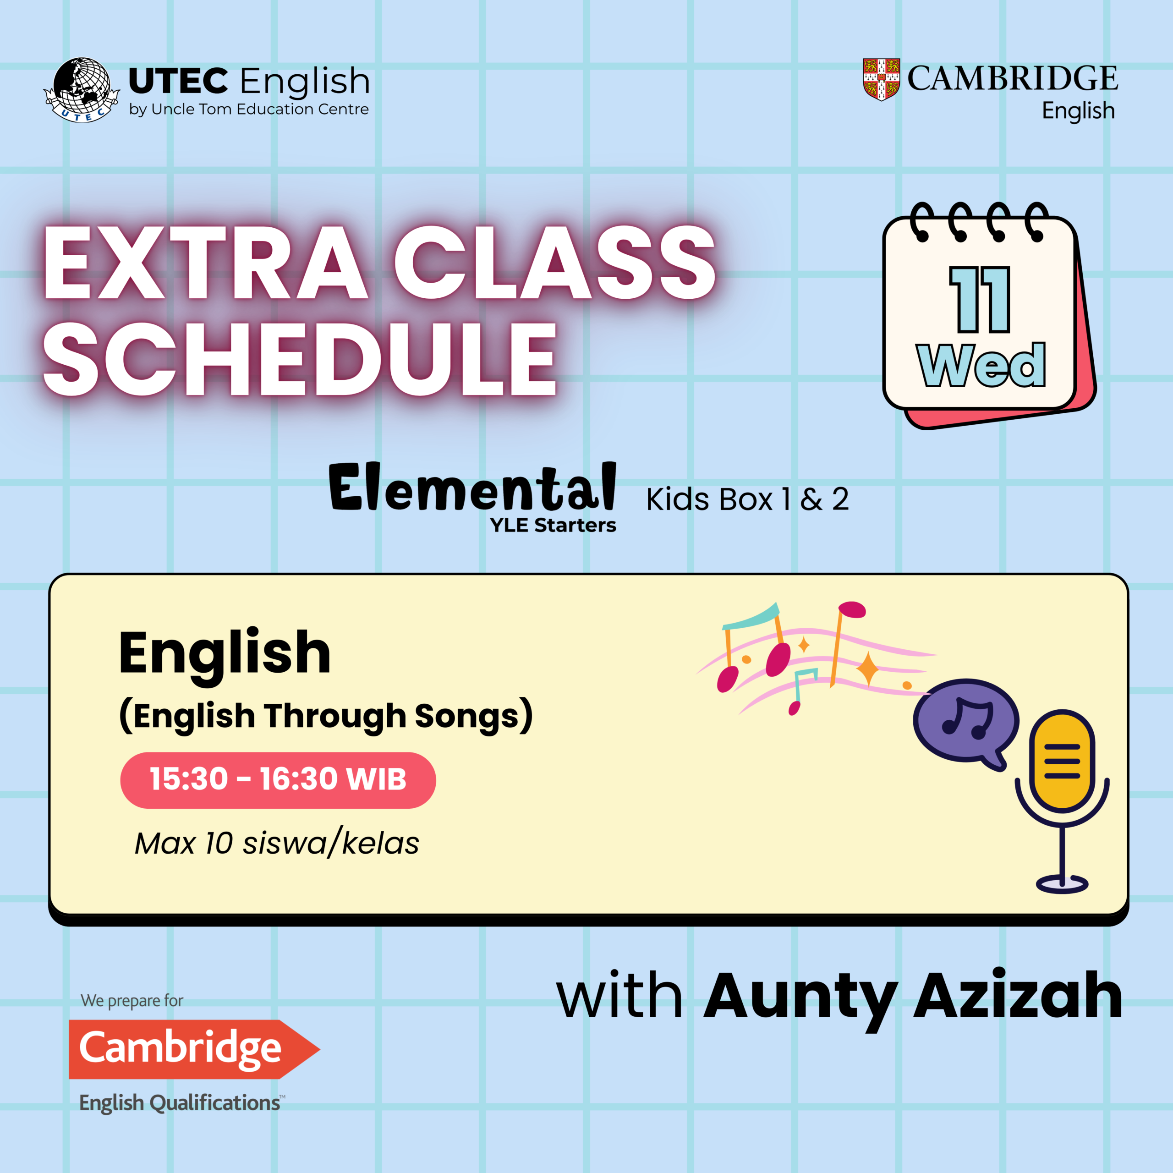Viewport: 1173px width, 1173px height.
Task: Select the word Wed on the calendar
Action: pyautogui.click(x=981, y=364)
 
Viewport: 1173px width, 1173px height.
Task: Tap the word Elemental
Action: pyautogui.click(x=472, y=487)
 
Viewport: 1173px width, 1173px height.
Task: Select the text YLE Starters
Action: pyautogui.click(x=553, y=525)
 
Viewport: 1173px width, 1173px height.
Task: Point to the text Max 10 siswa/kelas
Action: pyautogui.click(x=277, y=843)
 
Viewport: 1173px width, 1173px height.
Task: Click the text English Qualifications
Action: pyautogui.click(x=181, y=1102)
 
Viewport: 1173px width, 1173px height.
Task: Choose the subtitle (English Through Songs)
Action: pyautogui.click(x=326, y=715)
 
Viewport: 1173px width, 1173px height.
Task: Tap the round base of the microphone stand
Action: pyautogui.click(x=1062, y=884)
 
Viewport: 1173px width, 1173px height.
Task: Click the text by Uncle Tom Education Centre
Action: pyautogui.click(x=249, y=110)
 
